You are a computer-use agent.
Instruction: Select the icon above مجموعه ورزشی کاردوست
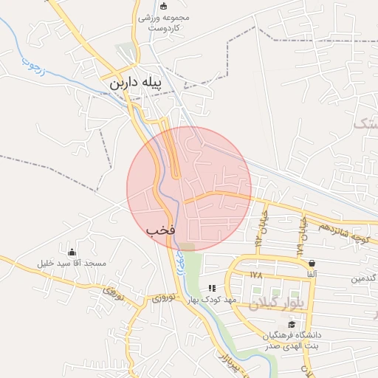(143, 6)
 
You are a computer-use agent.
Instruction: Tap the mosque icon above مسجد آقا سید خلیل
(71, 252)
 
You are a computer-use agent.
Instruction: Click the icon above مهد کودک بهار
(213, 288)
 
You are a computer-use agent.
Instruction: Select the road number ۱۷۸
(257, 275)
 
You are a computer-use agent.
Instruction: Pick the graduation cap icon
(292, 324)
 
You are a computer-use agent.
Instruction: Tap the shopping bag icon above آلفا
(312, 263)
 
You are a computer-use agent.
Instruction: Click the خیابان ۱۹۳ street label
(259, 230)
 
